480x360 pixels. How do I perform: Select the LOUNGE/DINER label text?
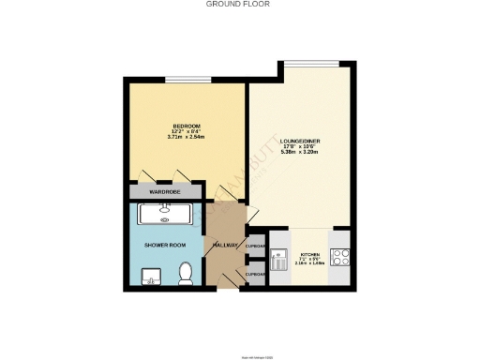299,141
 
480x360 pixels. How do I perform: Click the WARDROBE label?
163,192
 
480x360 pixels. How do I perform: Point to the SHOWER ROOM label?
164,245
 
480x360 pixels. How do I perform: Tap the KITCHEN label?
308,255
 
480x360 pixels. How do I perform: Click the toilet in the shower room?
186,273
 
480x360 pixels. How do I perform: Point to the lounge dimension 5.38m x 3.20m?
299,153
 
